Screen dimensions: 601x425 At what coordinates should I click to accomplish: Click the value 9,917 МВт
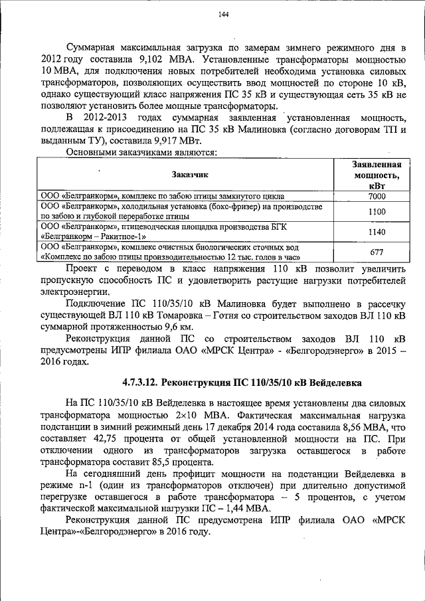point(175,141)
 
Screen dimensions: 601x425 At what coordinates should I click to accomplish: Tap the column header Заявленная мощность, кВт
point(377,175)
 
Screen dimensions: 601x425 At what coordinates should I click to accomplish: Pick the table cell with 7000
point(377,197)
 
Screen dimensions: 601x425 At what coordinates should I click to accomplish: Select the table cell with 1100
point(377,211)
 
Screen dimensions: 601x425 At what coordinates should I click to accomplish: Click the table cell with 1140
point(377,232)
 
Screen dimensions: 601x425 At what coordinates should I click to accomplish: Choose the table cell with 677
point(377,252)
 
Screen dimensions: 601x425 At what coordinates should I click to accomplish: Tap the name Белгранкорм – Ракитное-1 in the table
point(94,236)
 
